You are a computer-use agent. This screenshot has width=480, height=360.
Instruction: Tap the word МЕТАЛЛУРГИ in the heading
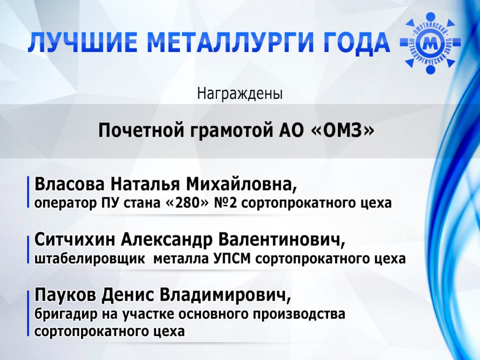pyautogui.click(x=229, y=42)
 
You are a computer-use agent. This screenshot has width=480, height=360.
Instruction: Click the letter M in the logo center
pyautogui.click(x=430, y=44)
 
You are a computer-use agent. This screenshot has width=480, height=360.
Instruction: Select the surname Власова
pyautogui.click(x=70, y=184)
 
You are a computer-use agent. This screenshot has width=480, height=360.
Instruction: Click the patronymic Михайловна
pyautogui.click(x=242, y=185)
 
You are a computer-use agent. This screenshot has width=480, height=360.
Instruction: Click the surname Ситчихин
pyautogui.click(x=74, y=240)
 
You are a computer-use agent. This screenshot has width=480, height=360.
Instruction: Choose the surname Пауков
pyautogui.click(x=65, y=295)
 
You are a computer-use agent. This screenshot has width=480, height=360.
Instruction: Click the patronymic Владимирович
pyautogui.click(x=226, y=296)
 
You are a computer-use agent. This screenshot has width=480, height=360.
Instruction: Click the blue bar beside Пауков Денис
pyautogui.click(x=28, y=313)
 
